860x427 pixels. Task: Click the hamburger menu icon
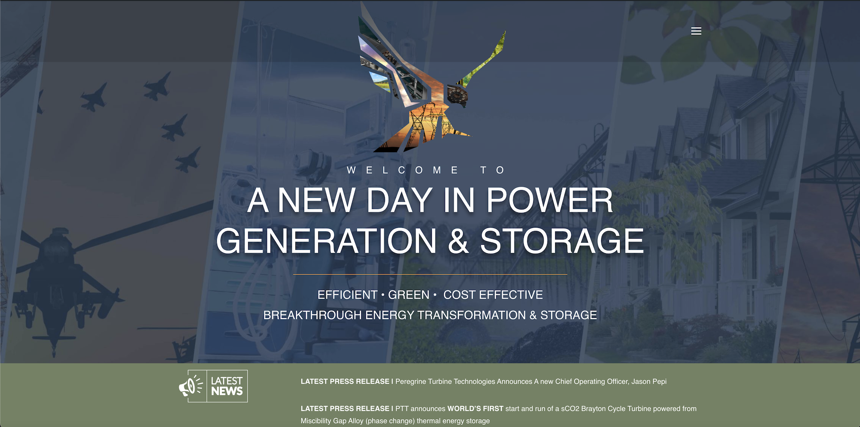[x=696, y=31]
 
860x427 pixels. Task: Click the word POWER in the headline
[x=550, y=200]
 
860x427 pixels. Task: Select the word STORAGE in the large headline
[x=562, y=241]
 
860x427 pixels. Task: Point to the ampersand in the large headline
[x=458, y=241]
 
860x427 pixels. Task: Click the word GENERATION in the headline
[x=326, y=241]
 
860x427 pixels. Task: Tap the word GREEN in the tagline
[x=408, y=295]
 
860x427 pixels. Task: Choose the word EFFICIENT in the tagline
[x=347, y=295]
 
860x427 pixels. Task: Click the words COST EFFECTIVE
[x=493, y=295]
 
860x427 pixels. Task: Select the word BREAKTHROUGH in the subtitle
[x=312, y=315]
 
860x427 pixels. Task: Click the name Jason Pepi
[x=649, y=381]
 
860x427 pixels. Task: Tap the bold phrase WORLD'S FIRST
[x=475, y=409]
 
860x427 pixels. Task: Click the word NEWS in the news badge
[x=227, y=391]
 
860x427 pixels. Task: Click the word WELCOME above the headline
[x=403, y=170]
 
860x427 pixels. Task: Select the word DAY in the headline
[x=399, y=200]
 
